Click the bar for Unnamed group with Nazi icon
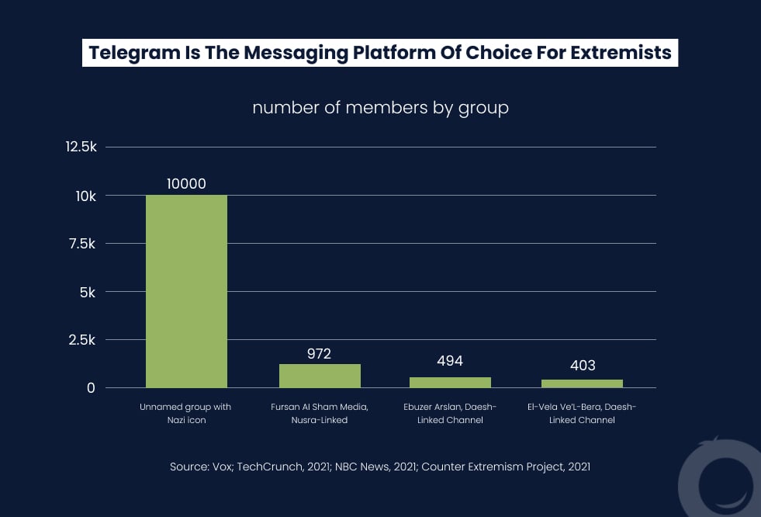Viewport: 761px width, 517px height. point(186,291)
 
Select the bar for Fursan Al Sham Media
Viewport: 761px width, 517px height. point(320,376)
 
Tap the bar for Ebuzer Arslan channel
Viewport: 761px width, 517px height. point(450,382)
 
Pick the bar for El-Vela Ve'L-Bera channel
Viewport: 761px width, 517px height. point(582,383)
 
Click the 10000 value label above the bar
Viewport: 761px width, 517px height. point(186,184)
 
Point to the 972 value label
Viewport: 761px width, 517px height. point(320,354)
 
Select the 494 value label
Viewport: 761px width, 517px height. point(450,361)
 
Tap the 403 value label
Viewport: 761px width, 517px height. point(582,365)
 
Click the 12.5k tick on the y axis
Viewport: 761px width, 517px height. point(81,147)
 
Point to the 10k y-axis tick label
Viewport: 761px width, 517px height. point(85,196)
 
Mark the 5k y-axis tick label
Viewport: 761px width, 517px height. point(88,293)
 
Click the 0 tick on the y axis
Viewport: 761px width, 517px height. point(91,388)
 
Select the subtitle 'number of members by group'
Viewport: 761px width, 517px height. point(380,108)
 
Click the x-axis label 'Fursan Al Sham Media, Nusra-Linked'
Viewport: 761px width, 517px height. point(320,413)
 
